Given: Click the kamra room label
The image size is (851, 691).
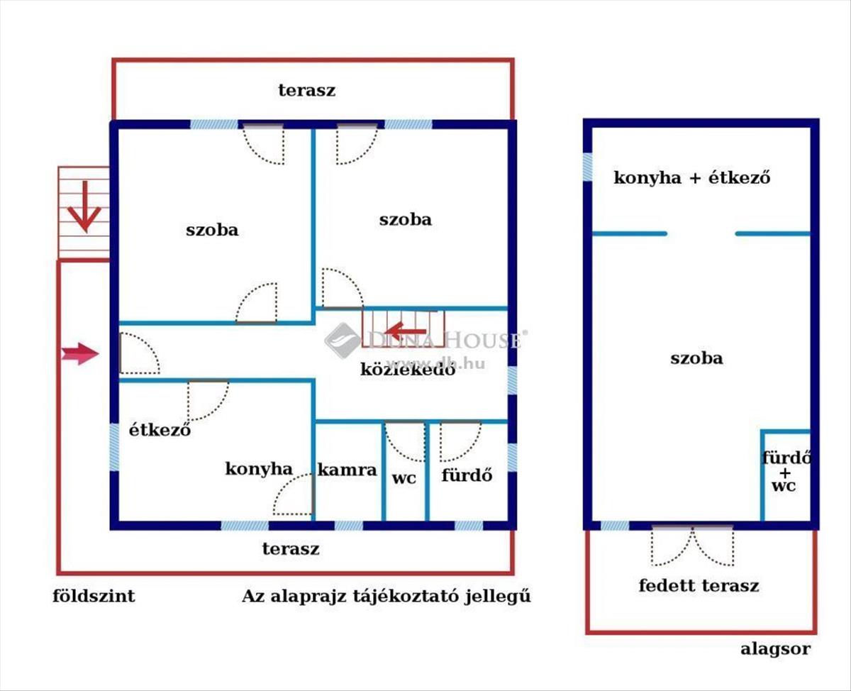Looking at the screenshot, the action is tap(347, 470).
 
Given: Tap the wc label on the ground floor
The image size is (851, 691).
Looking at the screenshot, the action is tap(404, 478).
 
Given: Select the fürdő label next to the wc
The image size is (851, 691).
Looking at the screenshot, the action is tap(467, 475).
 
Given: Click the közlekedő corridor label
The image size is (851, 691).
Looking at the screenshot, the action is tap(408, 370).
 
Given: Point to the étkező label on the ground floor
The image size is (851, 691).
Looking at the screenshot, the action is tap(160, 430).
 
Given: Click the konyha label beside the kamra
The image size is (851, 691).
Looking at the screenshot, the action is tap(259, 469).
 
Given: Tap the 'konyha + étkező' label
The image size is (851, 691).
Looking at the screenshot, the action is tap(692, 177).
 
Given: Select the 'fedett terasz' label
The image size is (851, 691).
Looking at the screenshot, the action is tap(699, 585).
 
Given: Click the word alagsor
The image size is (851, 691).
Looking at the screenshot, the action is tap(776, 649).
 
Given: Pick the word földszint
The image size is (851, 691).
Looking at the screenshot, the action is tap(94, 596).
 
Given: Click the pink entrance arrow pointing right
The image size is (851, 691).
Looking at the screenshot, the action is tap(80, 354).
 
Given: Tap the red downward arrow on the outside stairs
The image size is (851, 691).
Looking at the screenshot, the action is tap(84, 206).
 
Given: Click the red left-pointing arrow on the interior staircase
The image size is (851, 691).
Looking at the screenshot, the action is tap(405, 331).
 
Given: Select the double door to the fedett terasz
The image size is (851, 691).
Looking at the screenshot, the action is tap(693, 546).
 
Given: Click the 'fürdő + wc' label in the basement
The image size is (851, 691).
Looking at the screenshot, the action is tap(785, 472).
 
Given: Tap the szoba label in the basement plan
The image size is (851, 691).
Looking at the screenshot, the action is tap(696, 358).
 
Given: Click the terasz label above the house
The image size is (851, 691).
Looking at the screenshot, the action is tap(307, 90).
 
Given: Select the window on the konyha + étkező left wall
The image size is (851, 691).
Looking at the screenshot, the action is tap(587, 167).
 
